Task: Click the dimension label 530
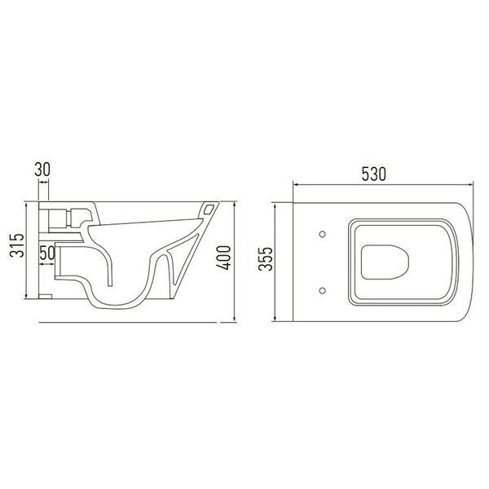click(x=373, y=174)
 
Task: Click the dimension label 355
click(x=266, y=259)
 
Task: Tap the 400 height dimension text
click(x=223, y=258)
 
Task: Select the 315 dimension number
click(x=17, y=245)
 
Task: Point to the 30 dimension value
click(x=42, y=170)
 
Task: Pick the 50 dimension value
click(x=47, y=253)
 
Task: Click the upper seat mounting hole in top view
click(x=323, y=234)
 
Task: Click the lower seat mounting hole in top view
click(x=323, y=291)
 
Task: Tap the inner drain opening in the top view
click(x=385, y=262)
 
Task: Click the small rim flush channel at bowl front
click(x=209, y=209)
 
